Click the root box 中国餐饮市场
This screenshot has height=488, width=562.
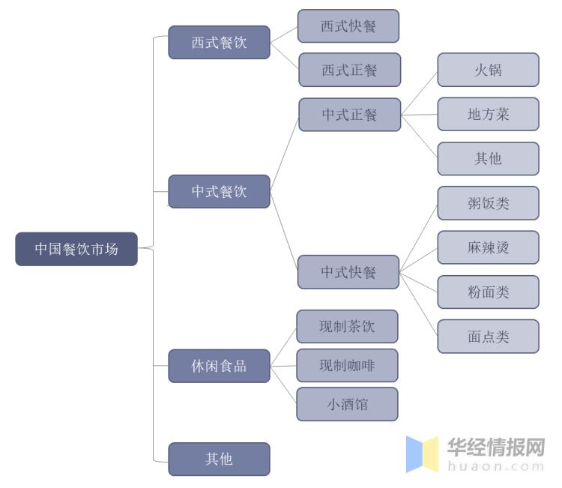tap(76, 249)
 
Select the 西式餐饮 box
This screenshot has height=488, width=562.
tap(219, 42)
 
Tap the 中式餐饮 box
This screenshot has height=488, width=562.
tap(219, 191)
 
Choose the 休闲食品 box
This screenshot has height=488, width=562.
tap(219, 366)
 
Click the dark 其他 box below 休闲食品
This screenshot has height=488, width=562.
tap(219, 459)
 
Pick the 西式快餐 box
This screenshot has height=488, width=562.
tap(348, 26)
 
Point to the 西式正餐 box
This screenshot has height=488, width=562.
tap(349, 70)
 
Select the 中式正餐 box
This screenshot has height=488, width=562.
tap(349, 115)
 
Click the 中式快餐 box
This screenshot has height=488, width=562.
tap(348, 272)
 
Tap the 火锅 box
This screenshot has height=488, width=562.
tap(488, 70)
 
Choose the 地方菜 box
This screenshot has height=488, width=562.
tap(488, 115)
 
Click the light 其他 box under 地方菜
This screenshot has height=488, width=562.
tap(488, 158)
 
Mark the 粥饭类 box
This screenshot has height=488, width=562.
tap(488, 203)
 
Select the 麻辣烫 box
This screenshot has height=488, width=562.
tap(488, 247)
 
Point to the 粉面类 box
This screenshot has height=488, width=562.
tap(488, 292)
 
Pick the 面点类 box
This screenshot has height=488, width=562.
tap(488, 337)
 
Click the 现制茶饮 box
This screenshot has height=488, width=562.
tap(347, 326)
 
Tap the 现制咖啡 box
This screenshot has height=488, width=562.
tap(347, 365)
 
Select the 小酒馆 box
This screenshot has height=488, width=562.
tap(347, 404)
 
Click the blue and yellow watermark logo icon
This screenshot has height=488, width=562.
tap(422, 454)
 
